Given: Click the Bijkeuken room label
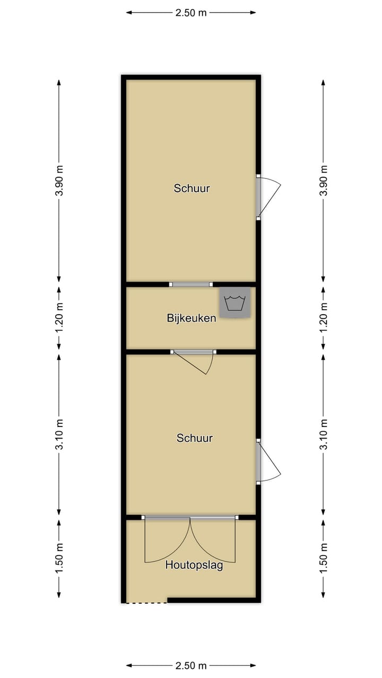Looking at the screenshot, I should [191, 318].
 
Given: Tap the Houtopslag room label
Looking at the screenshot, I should [194, 565].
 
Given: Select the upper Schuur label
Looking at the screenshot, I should [192, 188].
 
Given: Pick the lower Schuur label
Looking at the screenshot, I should [195, 438].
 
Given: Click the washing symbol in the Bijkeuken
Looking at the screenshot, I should [235, 303].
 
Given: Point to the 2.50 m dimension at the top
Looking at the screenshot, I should [191, 13].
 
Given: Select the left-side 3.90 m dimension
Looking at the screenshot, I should [59, 181].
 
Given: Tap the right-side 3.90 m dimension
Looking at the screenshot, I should [324, 181].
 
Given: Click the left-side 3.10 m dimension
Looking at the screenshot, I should [59, 434].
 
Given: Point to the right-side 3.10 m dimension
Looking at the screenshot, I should [324, 434].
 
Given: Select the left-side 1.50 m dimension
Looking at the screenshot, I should [59, 557].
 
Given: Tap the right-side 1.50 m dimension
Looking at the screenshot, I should [324, 557].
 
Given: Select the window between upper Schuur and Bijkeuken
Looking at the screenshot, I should [191, 284].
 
